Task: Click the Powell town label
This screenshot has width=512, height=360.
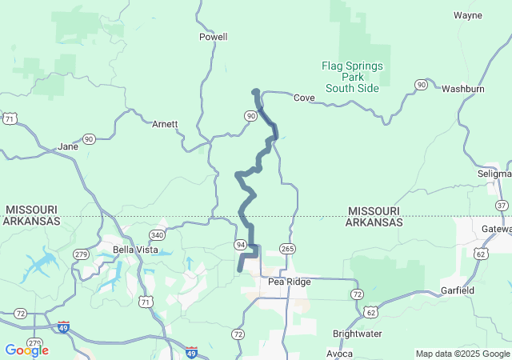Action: (213, 37)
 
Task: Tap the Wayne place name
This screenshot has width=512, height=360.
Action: (467, 15)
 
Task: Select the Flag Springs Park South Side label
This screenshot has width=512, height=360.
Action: (351, 77)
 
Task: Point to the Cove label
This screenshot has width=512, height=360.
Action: (303, 98)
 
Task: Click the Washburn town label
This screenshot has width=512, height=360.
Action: (463, 89)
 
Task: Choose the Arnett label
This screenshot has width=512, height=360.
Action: (165, 124)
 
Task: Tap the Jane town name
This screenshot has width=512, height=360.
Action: (68, 147)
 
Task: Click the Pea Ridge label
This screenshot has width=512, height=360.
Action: (289, 282)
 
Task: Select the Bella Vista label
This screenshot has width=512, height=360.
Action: (134, 250)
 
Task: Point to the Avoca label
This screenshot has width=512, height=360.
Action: (340, 353)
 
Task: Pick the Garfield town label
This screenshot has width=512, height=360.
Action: (458, 290)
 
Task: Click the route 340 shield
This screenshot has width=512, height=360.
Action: (157, 235)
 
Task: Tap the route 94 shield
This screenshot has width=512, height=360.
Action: (240, 243)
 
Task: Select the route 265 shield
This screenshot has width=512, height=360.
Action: (287, 248)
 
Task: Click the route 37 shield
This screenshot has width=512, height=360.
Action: (502, 206)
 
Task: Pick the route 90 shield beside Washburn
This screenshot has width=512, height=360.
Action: (421, 85)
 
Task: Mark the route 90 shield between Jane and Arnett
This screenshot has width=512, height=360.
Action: (89, 138)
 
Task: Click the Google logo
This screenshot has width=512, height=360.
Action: (26, 350)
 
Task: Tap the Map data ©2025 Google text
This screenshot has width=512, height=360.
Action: (462, 354)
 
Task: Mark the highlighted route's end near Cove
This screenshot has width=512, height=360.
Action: (255, 92)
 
